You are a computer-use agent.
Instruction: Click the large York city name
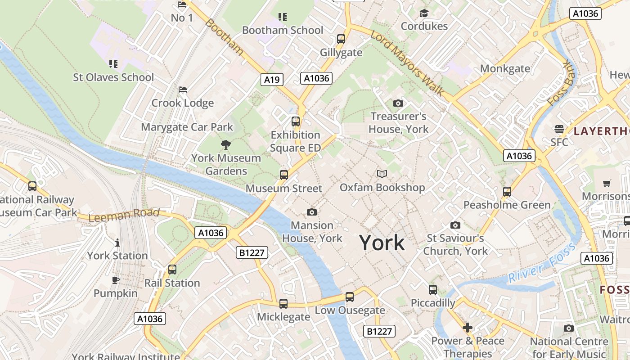coord(382,243)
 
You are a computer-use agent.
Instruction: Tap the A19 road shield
coord(272,80)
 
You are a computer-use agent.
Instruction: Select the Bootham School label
coord(283,30)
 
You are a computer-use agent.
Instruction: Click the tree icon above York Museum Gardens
coord(226,144)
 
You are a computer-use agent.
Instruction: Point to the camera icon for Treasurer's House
coord(398,103)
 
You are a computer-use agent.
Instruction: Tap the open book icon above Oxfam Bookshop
coord(382,174)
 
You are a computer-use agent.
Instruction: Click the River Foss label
coord(542,264)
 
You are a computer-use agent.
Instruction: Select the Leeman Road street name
coord(124,215)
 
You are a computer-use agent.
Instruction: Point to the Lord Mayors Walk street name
coord(408,63)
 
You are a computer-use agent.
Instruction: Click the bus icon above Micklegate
coord(283,304)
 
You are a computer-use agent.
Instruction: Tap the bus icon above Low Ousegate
coord(350,297)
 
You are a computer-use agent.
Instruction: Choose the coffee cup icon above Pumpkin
coord(116,280)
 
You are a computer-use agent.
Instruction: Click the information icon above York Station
coord(117,243)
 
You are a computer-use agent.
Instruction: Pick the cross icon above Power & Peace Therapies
coord(468,327)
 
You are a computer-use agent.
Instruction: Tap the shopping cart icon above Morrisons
coord(607,183)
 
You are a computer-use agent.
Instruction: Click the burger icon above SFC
coord(559,129)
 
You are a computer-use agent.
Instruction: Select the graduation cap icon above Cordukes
coord(424,13)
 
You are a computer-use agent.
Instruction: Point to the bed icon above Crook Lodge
coord(183,90)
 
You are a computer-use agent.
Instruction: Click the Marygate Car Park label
coord(187,127)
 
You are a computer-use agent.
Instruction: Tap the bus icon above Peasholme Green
coord(507,192)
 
